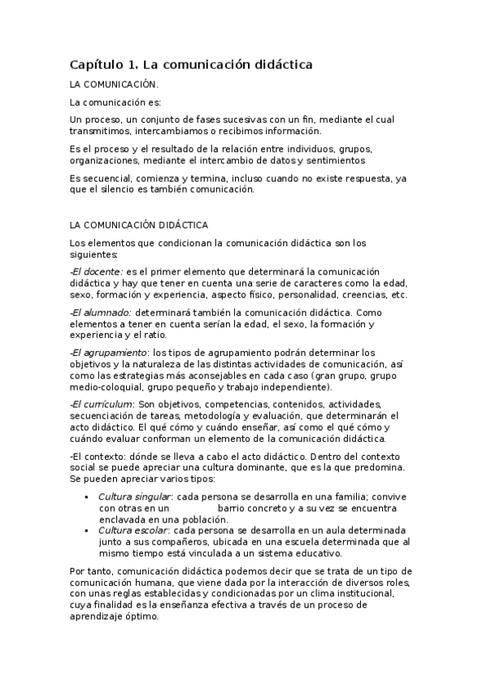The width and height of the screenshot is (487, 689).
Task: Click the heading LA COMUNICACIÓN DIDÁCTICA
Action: click(x=139, y=224)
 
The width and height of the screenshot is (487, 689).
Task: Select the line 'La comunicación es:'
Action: click(x=115, y=102)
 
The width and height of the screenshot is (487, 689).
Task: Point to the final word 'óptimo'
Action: click(x=142, y=617)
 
